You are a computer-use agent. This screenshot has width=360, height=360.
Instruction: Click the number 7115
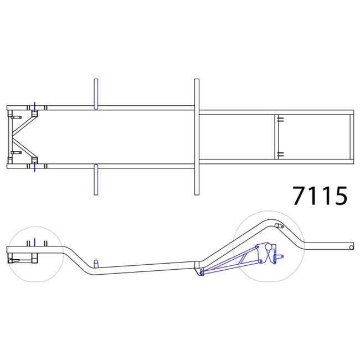coord(320,196)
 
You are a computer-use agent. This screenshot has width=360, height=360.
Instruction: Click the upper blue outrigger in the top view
coord(96,94)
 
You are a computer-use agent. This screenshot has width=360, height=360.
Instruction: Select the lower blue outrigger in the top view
coord(96,179)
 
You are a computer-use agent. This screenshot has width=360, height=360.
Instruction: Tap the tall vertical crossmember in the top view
coord(197,137)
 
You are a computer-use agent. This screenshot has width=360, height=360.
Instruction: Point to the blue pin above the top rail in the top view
coord(35,106)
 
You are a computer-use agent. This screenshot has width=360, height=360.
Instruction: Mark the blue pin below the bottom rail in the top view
coord(35,167)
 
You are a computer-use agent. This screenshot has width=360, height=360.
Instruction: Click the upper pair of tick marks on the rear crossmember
coord(281,120)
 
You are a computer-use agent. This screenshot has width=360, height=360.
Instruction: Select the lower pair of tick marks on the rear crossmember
coord(281,155)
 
